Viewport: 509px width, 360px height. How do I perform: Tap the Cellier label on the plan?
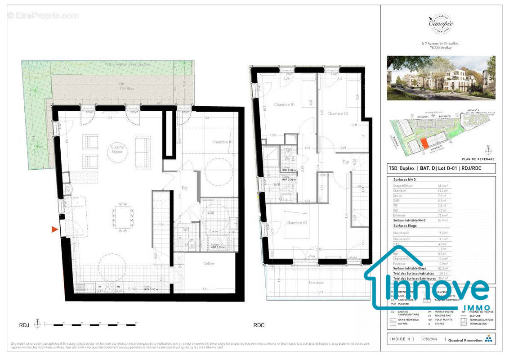(209, 263)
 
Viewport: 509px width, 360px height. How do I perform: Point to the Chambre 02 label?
(338, 114)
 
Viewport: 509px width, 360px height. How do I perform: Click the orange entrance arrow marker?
(55, 229)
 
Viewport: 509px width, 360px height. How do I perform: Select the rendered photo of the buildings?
(441, 78)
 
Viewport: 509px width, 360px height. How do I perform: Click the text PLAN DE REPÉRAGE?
(478, 159)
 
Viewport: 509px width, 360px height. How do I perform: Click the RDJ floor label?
(24, 325)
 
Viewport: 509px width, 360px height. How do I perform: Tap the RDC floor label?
(259, 325)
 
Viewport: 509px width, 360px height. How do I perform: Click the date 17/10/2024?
(428, 340)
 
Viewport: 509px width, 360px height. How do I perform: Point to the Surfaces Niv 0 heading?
(406, 179)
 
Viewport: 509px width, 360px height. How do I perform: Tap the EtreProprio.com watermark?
(43, 16)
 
